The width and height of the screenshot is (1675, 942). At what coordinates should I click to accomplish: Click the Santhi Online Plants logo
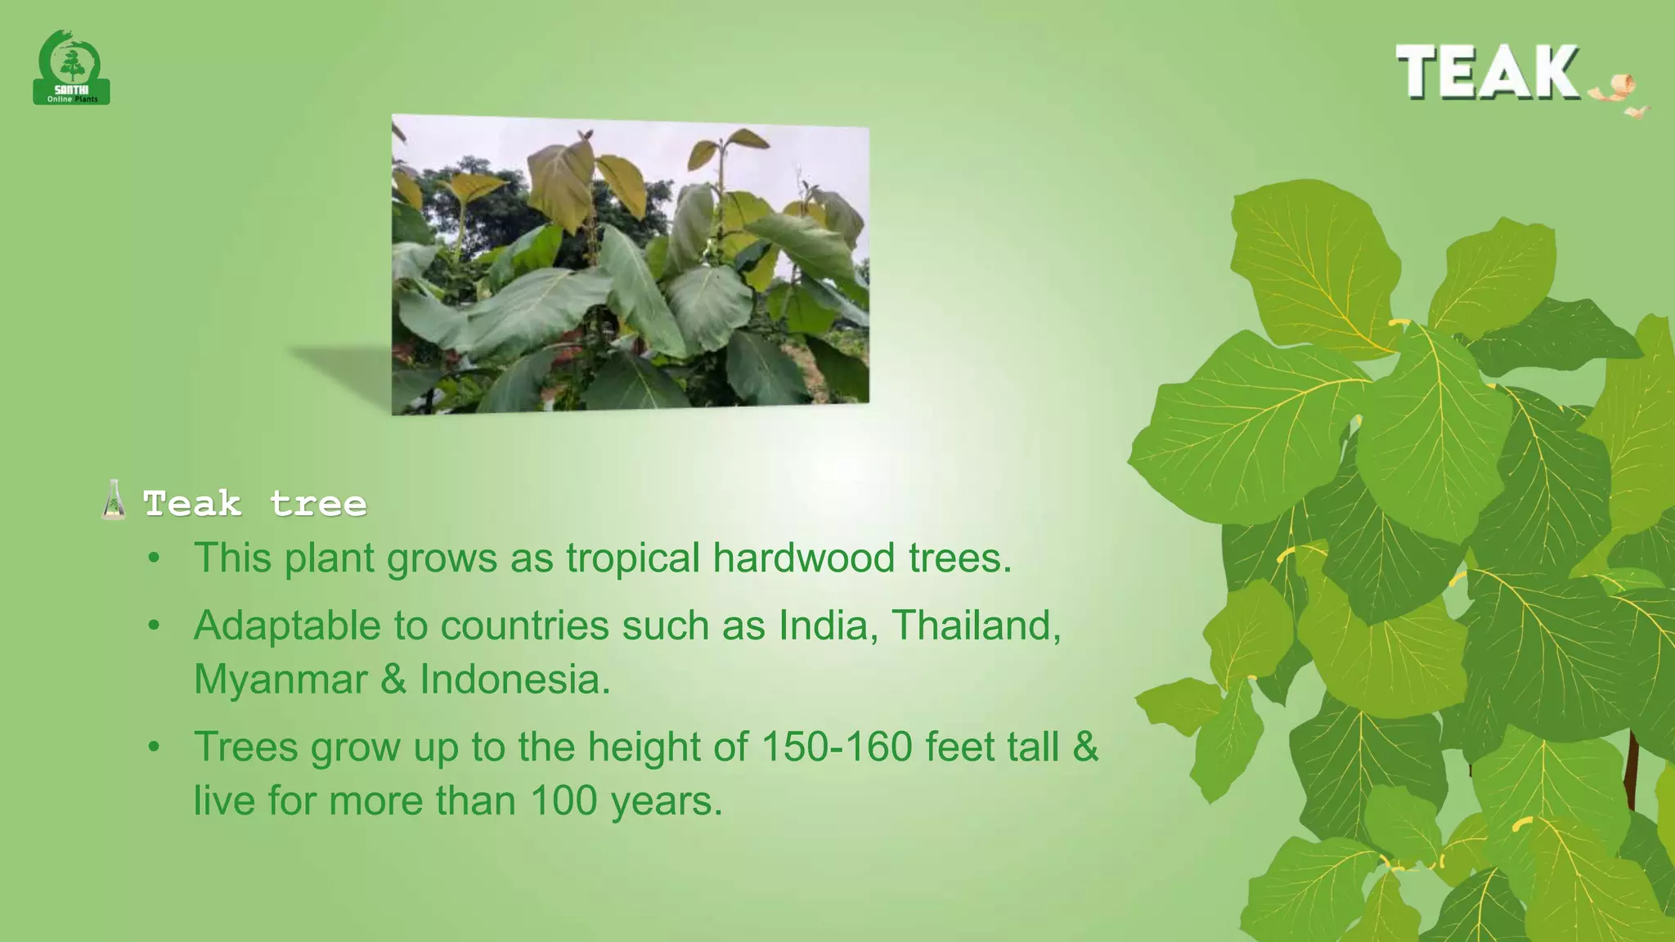pyautogui.click(x=72, y=69)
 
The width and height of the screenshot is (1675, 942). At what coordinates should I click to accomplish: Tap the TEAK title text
pyautogui.click(x=1487, y=72)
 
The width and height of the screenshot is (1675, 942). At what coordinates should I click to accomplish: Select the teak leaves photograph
pyautogui.click(x=630, y=263)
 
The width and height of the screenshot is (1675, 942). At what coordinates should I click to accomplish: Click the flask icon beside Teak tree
pyautogui.click(x=114, y=500)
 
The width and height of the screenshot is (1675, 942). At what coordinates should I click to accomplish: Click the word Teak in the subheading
pyautogui.click(x=192, y=504)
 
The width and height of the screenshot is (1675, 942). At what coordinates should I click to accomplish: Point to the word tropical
pyautogui.click(x=633, y=559)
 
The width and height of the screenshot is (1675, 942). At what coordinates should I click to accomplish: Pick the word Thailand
pyautogui.click(x=975, y=626)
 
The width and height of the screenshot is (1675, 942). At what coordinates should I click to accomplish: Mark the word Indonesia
pyautogui.click(x=514, y=680)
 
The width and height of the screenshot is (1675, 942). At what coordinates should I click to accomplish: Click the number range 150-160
pyautogui.click(x=836, y=747)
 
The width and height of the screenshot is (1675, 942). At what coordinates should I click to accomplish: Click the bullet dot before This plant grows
pyautogui.click(x=154, y=559)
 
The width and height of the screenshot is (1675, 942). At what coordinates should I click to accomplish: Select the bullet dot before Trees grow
pyautogui.click(x=154, y=747)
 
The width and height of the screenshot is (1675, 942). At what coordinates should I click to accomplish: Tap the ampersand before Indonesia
pyautogui.click(x=393, y=680)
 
